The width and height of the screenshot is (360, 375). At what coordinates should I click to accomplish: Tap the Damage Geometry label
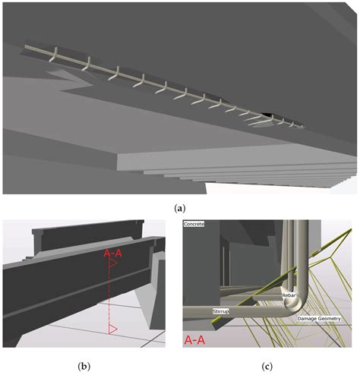(318, 318)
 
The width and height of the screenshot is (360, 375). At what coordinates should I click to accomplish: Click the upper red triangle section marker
(112, 266)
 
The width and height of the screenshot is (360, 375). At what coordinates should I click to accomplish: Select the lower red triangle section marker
(112, 329)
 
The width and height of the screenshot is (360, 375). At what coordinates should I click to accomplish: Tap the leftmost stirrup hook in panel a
(53, 55)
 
